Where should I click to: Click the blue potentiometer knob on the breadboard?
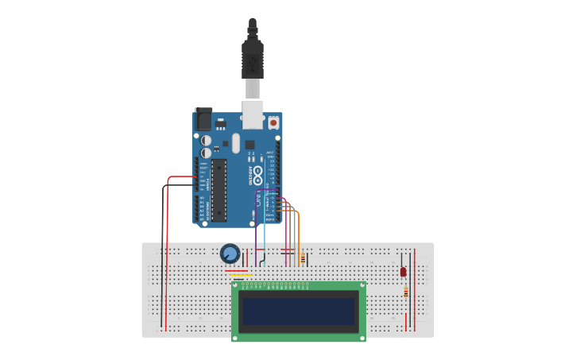(x=230, y=254)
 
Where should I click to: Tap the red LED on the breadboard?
(x=403, y=272)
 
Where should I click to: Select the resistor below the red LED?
(x=406, y=292)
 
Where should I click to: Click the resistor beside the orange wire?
(x=303, y=258)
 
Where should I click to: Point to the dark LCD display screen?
(x=299, y=311)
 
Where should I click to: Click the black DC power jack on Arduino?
(x=203, y=119)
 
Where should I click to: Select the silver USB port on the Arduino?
(x=253, y=114)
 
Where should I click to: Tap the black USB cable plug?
(x=252, y=60)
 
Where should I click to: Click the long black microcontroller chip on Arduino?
(x=218, y=190)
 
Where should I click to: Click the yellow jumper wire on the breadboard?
(x=240, y=275)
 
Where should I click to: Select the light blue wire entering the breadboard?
(x=265, y=230)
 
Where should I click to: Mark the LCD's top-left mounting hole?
(x=236, y=286)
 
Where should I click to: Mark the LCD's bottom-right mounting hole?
(x=361, y=337)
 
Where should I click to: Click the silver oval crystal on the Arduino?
(x=235, y=142)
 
